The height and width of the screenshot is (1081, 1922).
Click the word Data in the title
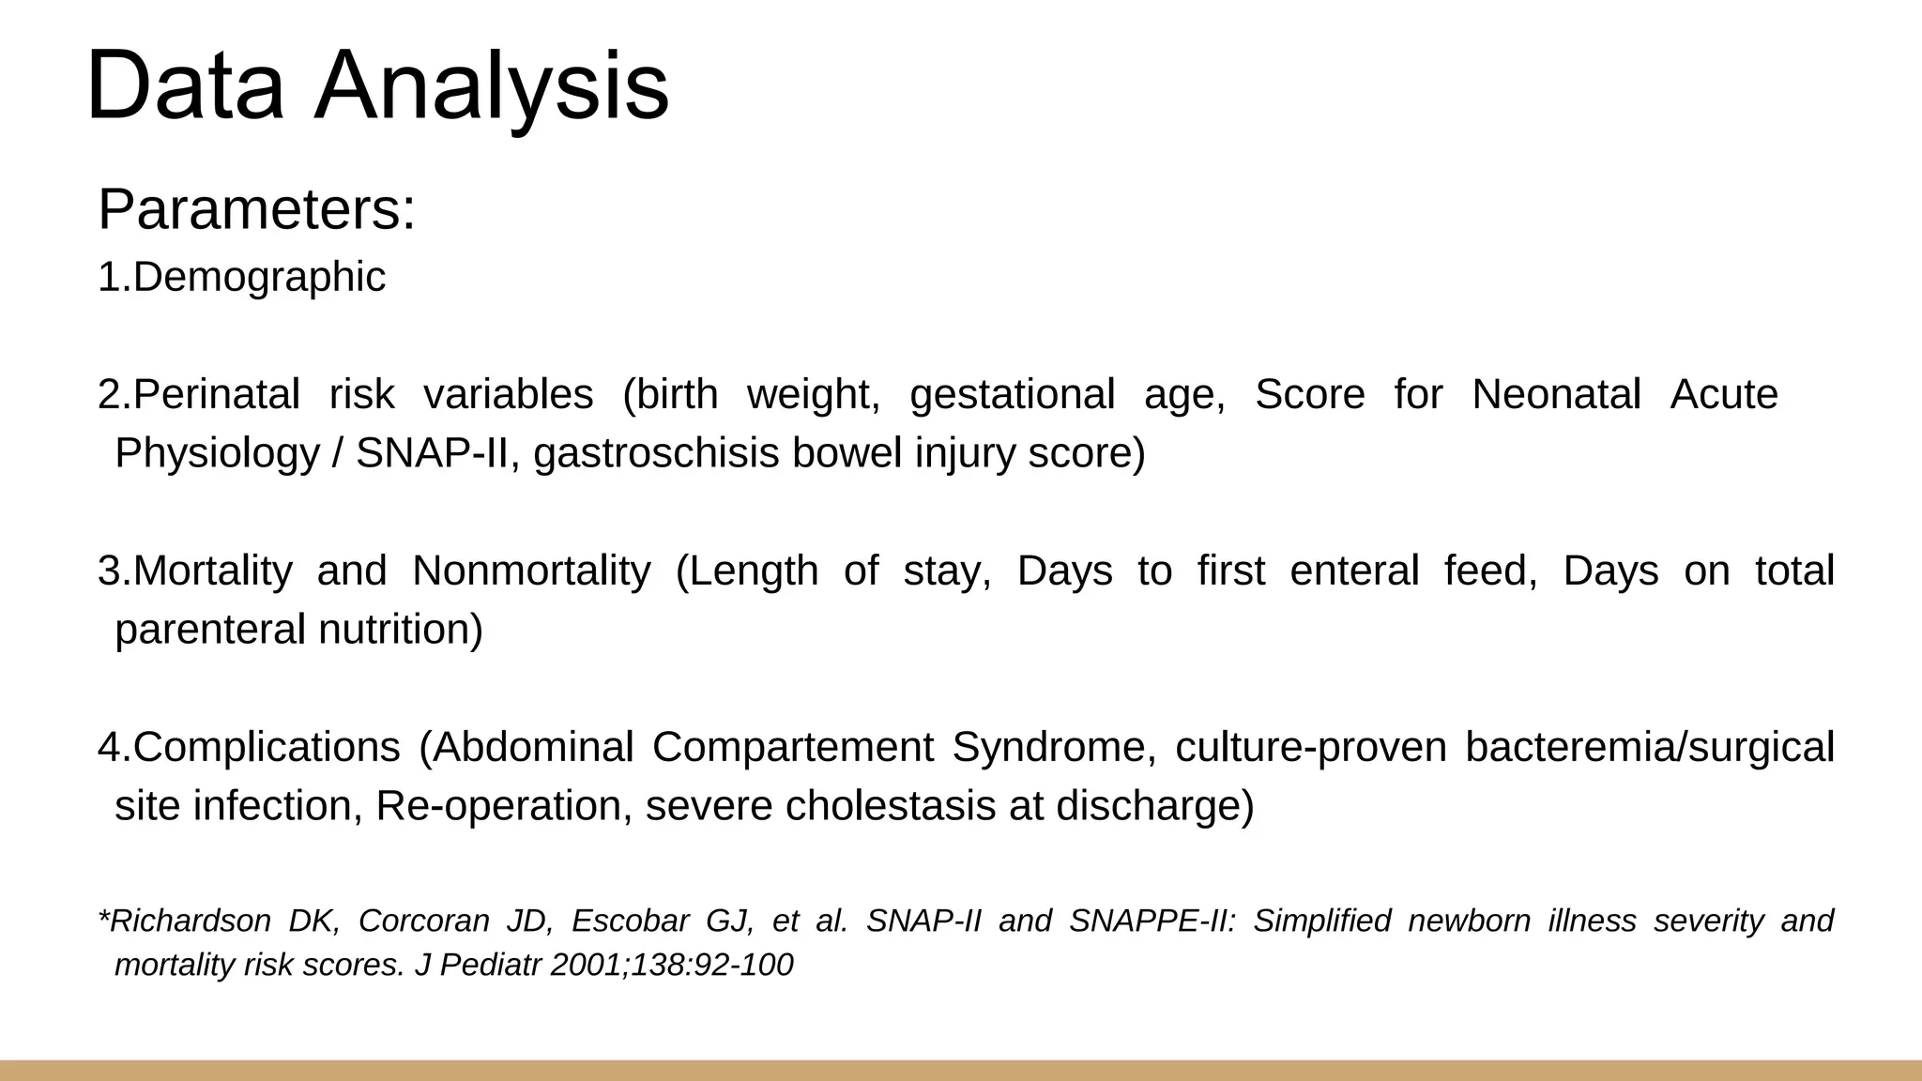(x=185, y=86)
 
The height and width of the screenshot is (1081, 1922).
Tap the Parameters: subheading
(x=256, y=209)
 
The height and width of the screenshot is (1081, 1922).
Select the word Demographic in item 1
(x=259, y=278)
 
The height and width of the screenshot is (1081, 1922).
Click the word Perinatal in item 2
(x=216, y=394)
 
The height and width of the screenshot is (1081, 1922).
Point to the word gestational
(x=1012, y=394)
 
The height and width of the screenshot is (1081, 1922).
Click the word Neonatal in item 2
(x=1555, y=394)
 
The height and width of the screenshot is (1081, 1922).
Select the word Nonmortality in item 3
(x=531, y=571)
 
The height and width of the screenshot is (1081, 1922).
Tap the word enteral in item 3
(x=1353, y=571)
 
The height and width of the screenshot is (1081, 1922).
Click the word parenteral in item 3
(x=210, y=630)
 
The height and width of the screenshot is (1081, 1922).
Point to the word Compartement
(x=792, y=748)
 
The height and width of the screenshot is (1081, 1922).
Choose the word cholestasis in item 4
(x=890, y=806)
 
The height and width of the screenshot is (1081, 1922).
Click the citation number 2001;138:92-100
(x=671, y=965)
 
